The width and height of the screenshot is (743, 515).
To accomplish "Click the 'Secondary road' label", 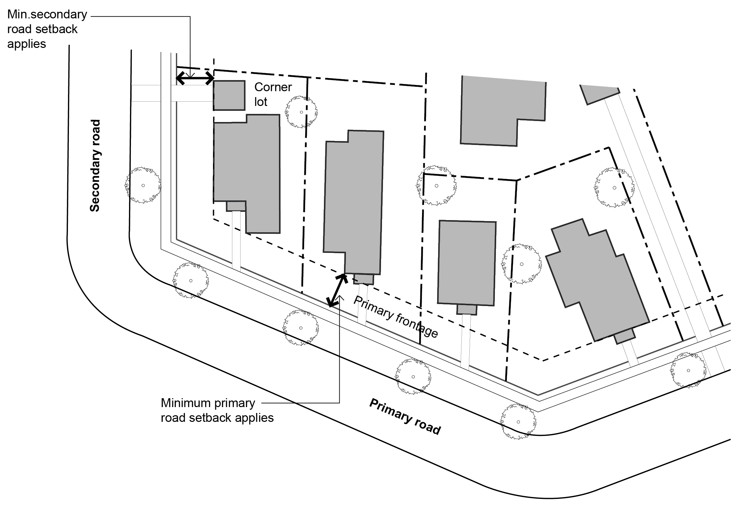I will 95,166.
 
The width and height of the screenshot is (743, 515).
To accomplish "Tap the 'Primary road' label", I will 405,416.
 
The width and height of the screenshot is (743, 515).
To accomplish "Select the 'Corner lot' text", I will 272,94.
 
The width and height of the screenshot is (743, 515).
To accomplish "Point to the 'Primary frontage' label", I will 396,317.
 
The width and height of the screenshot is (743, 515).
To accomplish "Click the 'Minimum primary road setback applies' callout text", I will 217,410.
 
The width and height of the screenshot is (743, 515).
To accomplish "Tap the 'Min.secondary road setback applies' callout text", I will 47,29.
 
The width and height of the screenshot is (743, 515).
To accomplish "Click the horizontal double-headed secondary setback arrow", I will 195,78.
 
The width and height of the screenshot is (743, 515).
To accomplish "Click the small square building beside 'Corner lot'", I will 229,95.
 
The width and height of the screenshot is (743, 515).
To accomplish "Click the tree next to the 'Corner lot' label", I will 301,112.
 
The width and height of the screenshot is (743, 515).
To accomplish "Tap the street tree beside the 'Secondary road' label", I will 143,185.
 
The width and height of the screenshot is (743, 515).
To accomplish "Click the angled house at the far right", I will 597,282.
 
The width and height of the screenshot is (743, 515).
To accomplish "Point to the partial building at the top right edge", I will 599,93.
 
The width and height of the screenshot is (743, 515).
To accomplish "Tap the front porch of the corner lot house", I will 236,206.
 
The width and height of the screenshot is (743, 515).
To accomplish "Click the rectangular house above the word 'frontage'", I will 467,262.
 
